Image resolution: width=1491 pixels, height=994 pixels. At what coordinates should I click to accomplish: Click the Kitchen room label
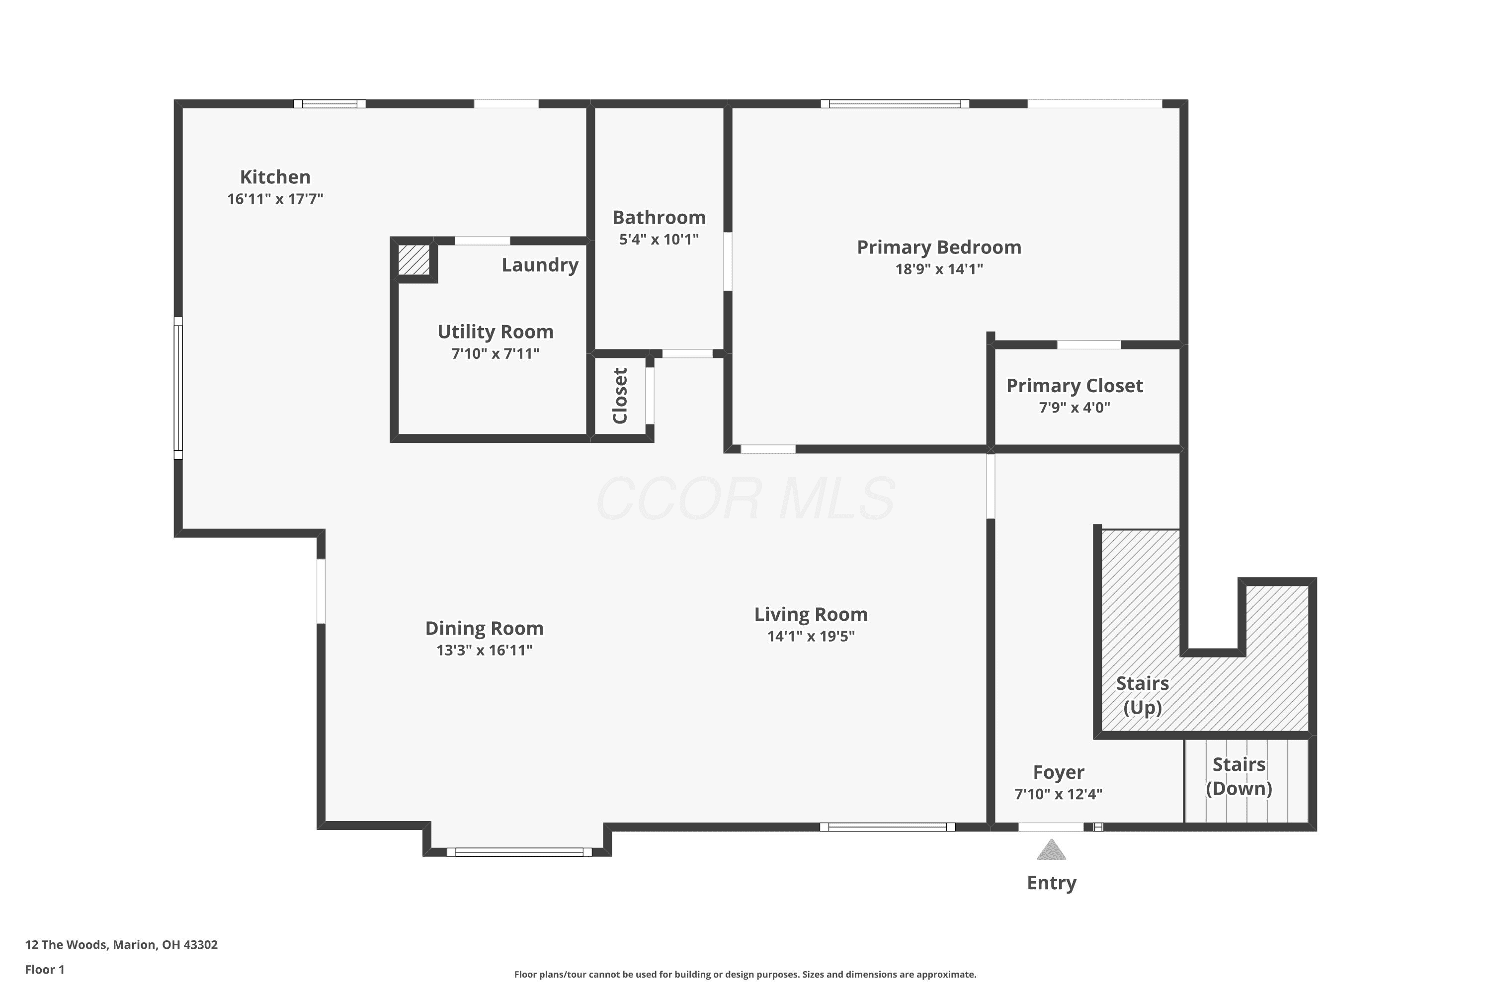click(275, 177)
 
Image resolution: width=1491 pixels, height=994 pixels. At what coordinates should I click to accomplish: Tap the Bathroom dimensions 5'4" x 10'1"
click(659, 240)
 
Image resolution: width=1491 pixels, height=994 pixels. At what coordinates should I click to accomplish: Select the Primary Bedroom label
click(939, 247)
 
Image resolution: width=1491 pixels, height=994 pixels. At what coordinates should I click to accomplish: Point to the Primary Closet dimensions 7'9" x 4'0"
click(1075, 408)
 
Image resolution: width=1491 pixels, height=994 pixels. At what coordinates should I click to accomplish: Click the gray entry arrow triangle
click(1051, 850)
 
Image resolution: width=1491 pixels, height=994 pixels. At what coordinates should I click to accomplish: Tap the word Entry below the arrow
click(1052, 883)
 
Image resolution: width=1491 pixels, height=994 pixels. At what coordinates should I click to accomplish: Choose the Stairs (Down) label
click(1239, 776)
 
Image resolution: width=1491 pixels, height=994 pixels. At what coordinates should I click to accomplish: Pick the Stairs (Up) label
click(1142, 695)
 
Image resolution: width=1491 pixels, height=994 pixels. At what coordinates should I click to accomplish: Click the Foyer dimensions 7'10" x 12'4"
click(1058, 794)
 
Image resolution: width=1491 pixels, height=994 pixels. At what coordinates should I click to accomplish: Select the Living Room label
click(811, 614)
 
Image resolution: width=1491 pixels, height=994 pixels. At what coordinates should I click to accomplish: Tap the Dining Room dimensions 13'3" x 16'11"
click(484, 650)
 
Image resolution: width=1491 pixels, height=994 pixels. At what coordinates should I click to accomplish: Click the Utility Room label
click(495, 331)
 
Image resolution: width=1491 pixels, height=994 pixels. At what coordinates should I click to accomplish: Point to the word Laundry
click(540, 265)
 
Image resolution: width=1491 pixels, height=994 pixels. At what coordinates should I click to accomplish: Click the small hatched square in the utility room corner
click(414, 260)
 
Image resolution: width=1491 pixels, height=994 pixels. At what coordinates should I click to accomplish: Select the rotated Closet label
click(620, 396)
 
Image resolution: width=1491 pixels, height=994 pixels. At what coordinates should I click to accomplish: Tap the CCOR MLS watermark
click(745, 499)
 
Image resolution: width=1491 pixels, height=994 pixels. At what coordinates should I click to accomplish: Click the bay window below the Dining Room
click(519, 852)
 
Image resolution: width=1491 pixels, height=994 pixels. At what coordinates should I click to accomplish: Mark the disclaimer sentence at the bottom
click(745, 974)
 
